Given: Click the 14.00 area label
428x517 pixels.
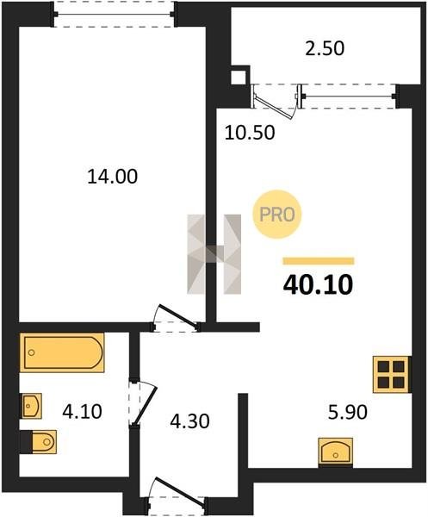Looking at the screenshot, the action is click(x=112, y=177).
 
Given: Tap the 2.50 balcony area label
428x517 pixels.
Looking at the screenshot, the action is click(x=325, y=48).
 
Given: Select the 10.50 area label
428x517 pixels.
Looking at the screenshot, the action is click(x=250, y=133).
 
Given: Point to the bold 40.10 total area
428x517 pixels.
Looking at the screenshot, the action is click(x=318, y=285).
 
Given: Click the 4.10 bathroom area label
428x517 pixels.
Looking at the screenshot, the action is click(x=83, y=412).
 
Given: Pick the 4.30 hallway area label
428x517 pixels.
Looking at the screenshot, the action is click(x=189, y=421).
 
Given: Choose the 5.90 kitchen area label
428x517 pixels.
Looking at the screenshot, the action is click(x=348, y=412).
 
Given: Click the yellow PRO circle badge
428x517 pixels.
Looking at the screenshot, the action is click(x=276, y=215).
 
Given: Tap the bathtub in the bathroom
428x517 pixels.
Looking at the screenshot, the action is click(x=62, y=352).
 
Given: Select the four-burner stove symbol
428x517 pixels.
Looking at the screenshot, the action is click(x=391, y=374).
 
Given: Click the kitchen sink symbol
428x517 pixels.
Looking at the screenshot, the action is click(x=335, y=452).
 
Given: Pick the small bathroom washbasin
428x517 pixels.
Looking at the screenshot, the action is click(x=31, y=406).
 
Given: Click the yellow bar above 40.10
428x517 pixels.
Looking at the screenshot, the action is click(x=319, y=261).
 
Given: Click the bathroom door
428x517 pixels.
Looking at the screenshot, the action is click(x=144, y=403).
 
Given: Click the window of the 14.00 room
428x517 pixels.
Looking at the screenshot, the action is click(x=115, y=14).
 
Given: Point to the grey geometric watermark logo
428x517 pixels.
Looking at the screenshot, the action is click(x=214, y=254).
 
